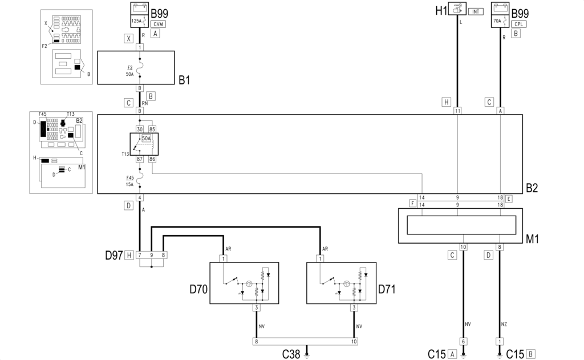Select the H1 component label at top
(441, 10)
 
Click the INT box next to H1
(476, 11)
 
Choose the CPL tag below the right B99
(519, 24)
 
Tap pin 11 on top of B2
(457, 111)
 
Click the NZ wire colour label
(504, 324)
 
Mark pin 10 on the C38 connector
(354, 341)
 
